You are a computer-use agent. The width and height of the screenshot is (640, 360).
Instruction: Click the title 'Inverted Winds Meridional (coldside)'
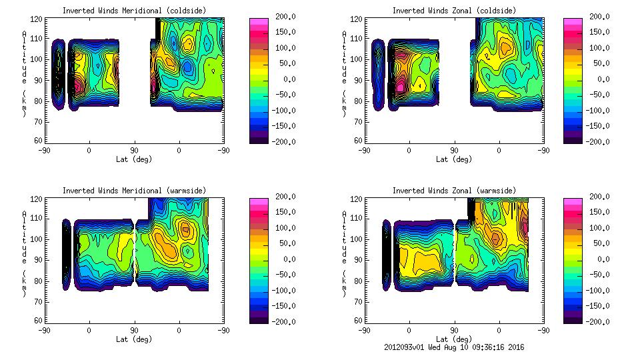[134, 11]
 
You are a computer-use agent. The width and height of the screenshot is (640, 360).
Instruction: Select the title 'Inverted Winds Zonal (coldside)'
[454, 11]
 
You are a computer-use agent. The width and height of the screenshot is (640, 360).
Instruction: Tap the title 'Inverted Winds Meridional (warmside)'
[134, 191]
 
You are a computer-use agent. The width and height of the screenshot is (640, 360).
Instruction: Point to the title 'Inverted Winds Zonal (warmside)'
[454, 191]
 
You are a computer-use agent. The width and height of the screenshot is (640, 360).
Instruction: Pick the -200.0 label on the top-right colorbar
[600, 141]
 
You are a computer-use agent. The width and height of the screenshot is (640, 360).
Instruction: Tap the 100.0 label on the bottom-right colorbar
[600, 228]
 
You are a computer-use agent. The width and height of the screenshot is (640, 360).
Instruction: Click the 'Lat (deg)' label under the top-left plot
[134, 159]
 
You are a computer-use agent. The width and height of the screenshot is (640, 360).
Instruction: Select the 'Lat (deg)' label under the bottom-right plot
[454, 339]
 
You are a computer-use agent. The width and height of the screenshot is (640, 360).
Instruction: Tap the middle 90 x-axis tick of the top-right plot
[454, 151]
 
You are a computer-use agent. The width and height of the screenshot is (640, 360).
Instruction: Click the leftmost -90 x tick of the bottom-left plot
[44, 331]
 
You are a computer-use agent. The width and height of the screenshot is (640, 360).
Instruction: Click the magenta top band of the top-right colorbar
[573, 21]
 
